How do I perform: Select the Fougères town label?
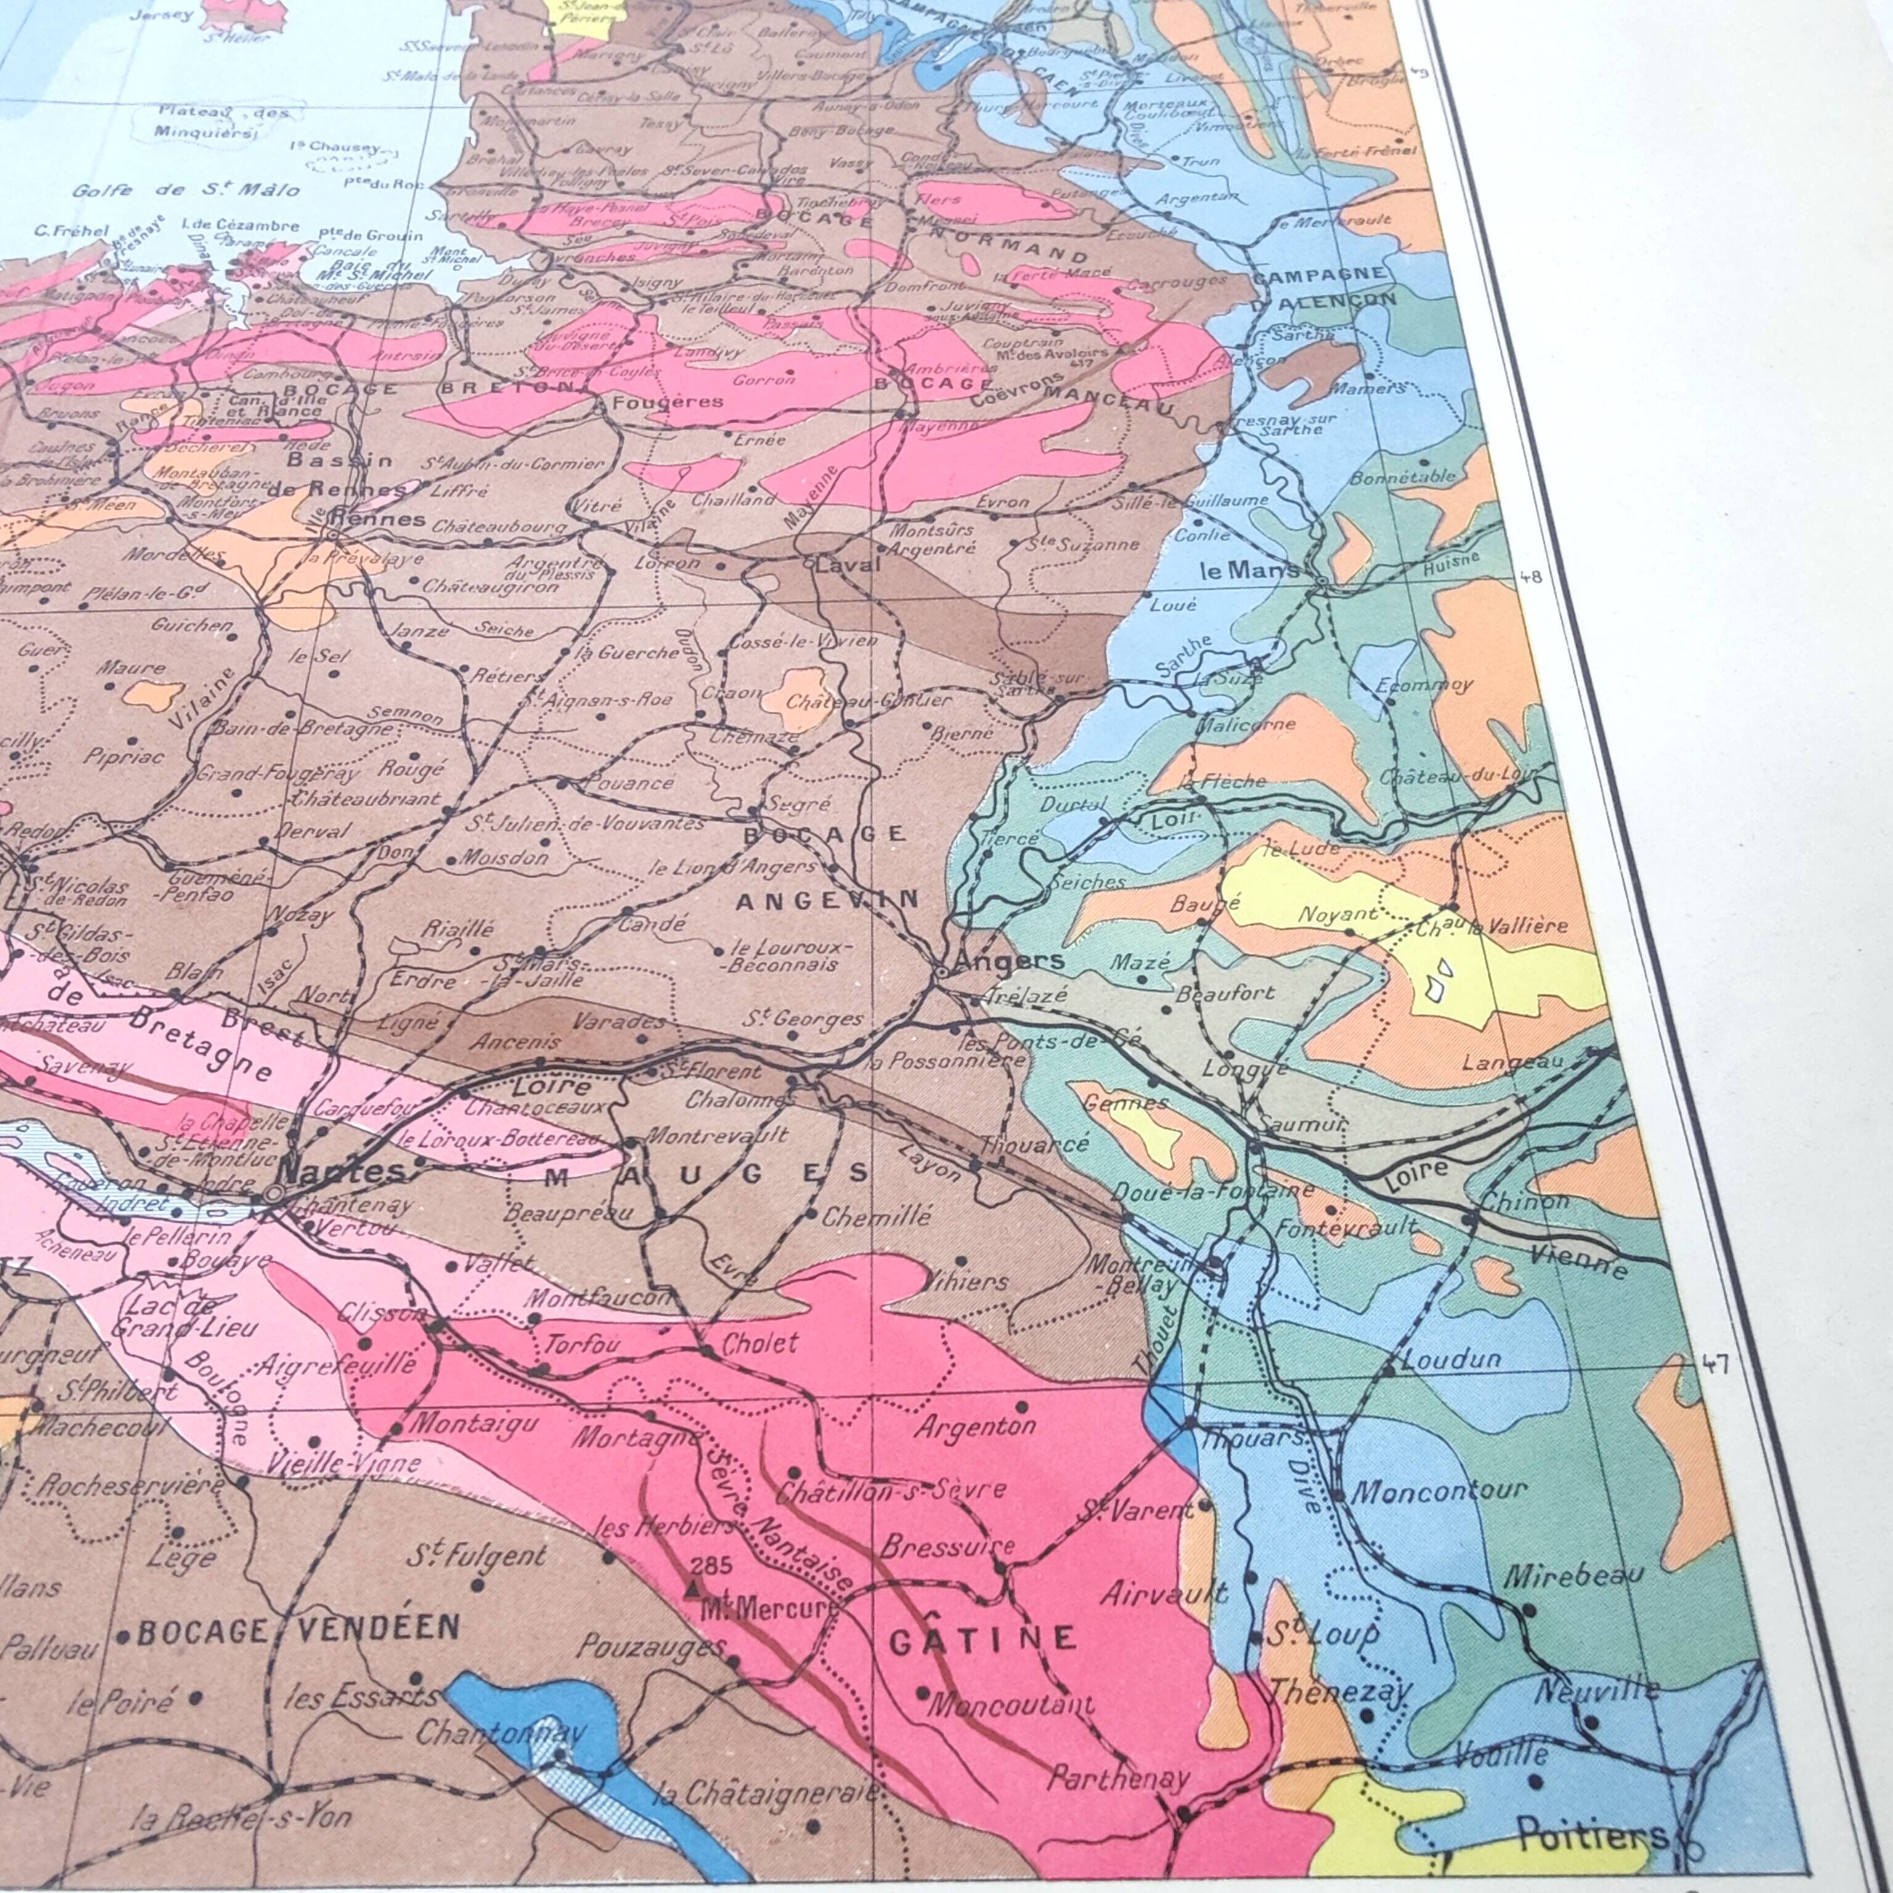667,402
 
